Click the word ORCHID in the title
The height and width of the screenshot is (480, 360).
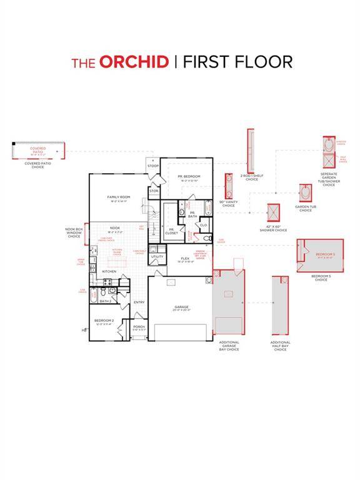click(x=134, y=62)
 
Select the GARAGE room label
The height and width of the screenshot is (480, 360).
click(x=182, y=307)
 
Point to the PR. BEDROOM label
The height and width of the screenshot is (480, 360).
click(x=189, y=177)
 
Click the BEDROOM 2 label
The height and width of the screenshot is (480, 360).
click(x=104, y=320)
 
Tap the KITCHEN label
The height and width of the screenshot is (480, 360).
click(x=109, y=271)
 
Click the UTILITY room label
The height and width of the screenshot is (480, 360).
click(x=157, y=256)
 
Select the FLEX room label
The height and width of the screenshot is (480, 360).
click(x=185, y=258)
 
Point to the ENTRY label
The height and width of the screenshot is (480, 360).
click(x=139, y=302)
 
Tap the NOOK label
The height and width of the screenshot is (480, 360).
click(x=115, y=227)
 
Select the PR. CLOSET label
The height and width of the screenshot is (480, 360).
click(x=171, y=231)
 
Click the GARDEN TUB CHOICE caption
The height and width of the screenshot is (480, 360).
click(x=304, y=209)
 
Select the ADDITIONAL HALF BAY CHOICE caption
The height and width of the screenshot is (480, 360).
click(x=280, y=346)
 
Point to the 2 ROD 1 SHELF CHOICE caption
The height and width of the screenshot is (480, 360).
click(x=251, y=177)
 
